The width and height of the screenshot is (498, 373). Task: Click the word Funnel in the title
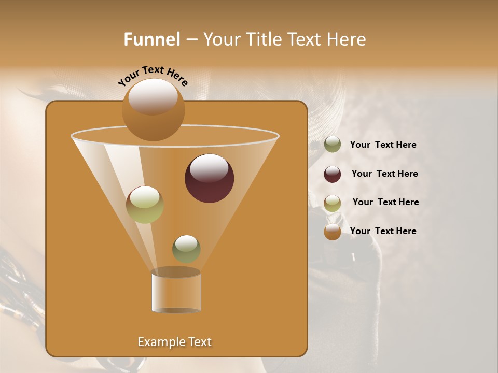[x=151, y=39]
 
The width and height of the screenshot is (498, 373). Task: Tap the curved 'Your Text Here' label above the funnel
[x=153, y=76]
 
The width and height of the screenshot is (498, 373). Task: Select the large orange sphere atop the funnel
[x=153, y=110]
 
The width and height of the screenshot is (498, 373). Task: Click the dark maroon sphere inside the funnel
[x=209, y=179]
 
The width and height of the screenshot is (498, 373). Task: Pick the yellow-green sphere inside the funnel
[x=145, y=205]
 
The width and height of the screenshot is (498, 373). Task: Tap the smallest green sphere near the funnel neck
[x=186, y=249]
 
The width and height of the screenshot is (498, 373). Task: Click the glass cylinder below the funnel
[x=176, y=291]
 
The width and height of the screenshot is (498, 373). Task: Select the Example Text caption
[x=174, y=342]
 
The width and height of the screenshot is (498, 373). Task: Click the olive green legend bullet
[x=333, y=145]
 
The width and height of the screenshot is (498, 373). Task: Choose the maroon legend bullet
[x=333, y=174]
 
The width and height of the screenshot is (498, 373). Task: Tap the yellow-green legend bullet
[x=333, y=203]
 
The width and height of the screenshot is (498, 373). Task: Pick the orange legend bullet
[x=333, y=232]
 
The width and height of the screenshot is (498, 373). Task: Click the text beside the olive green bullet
[x=383, y=145]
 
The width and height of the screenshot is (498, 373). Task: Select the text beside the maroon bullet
[x=384, y=174]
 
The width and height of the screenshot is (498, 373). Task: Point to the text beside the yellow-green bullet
[x=385, y=203]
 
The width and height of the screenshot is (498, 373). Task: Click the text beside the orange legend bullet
[x=383, y=231]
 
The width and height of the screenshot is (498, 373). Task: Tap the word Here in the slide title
[x=347, y=39]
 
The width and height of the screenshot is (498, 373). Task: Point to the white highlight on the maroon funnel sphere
[x=209, y=169]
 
